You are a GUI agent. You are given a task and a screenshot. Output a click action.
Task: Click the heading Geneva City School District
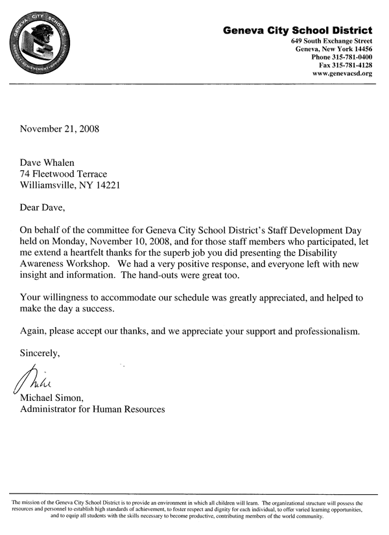(298, 30)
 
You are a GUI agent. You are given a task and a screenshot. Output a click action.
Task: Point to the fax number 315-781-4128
(351, 65)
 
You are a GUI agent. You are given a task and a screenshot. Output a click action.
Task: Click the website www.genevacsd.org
(342, 74)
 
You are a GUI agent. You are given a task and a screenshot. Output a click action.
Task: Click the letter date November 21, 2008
(59, 128)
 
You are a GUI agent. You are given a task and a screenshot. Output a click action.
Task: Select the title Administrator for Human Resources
(92, 409)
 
